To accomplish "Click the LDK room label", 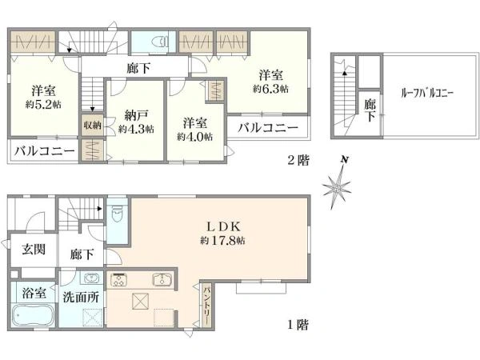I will tap(217, 226).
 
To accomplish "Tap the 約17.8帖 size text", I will tap(218, 239).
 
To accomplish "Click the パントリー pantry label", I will tap(206, 304).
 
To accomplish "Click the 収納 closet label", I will tap(90, 125).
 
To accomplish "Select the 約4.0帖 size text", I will tap(195, 136).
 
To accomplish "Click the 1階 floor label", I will tap(296, 326).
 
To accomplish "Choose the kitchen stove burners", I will tap(121, 280).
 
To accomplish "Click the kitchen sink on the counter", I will tap(162, 281).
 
